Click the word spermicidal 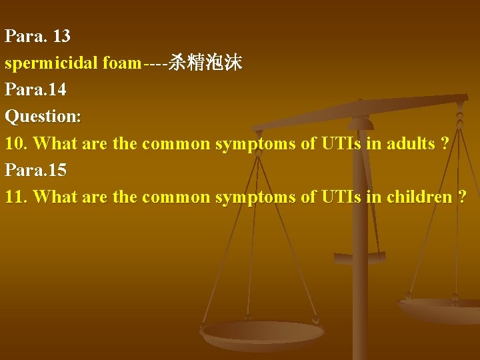51,63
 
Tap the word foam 122,63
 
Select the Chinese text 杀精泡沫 205,63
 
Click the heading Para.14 35,89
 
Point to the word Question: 43,117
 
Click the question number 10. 15,143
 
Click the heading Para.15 35,170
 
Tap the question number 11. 15,197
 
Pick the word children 419,197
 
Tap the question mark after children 462,197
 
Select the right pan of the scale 440,309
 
